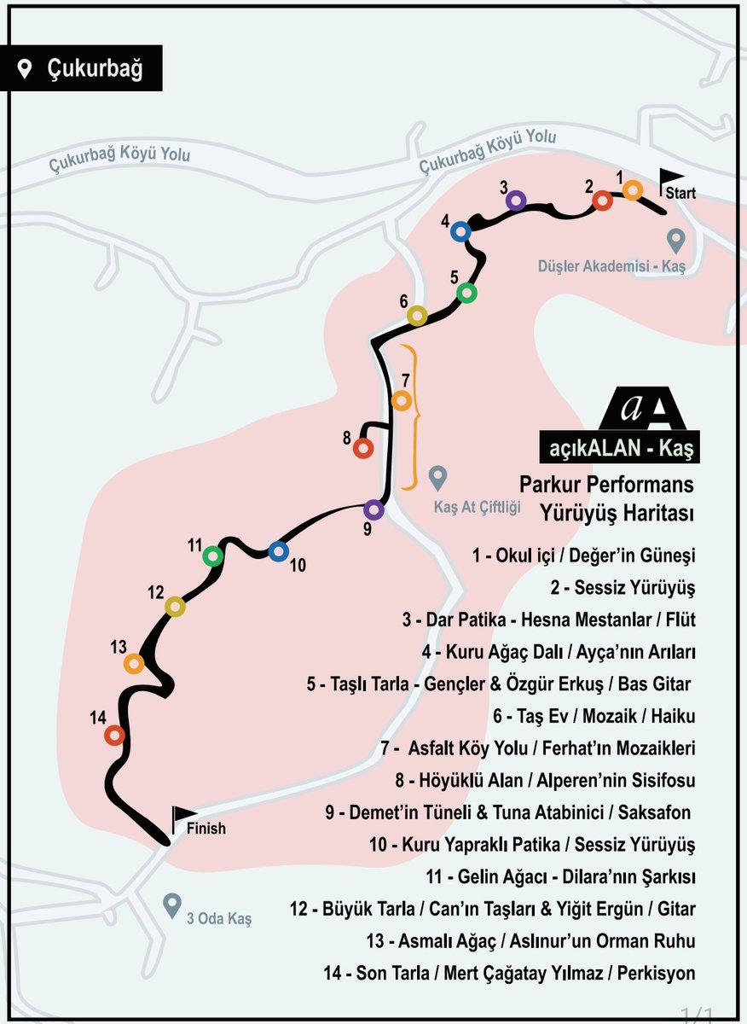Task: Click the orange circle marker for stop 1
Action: click(633, 189)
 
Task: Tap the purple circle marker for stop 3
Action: click(516, 201)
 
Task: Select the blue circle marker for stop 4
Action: click(460, 232)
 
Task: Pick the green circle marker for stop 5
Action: click(467, 293)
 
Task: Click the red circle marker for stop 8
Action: click(363, 449)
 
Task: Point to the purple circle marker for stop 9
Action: click(373, 509)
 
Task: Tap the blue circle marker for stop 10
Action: click(278, 551)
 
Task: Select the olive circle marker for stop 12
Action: click(175, 607)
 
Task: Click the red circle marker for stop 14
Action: click(114, 736)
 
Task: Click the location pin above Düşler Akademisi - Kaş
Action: click(675, 241)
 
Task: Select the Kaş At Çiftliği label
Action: click(477, 507)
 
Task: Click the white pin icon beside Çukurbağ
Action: click(24, 69)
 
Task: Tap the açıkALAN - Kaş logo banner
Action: click(620, 446)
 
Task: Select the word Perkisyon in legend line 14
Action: click(656, 974)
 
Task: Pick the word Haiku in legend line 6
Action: click(673, 716)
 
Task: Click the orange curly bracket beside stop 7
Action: click(410, 416)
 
